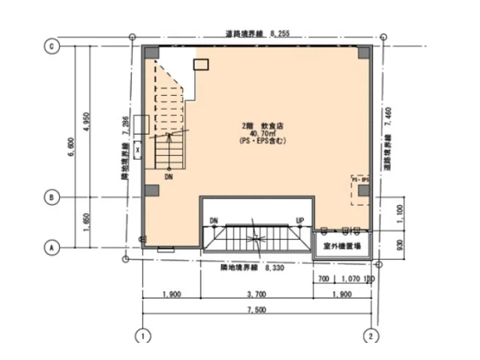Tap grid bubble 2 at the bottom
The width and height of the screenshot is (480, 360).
371,335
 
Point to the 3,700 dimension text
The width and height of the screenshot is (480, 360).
256,293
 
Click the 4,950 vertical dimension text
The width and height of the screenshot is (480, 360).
88,121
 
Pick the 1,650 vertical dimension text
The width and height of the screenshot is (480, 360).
88,223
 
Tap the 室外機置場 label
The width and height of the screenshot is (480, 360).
342,246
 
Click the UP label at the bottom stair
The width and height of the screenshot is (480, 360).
300,220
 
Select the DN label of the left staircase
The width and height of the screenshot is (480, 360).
169,177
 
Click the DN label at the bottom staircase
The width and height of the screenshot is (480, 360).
214,220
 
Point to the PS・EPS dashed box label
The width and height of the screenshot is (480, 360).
360,181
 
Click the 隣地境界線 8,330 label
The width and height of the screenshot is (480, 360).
251,265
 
